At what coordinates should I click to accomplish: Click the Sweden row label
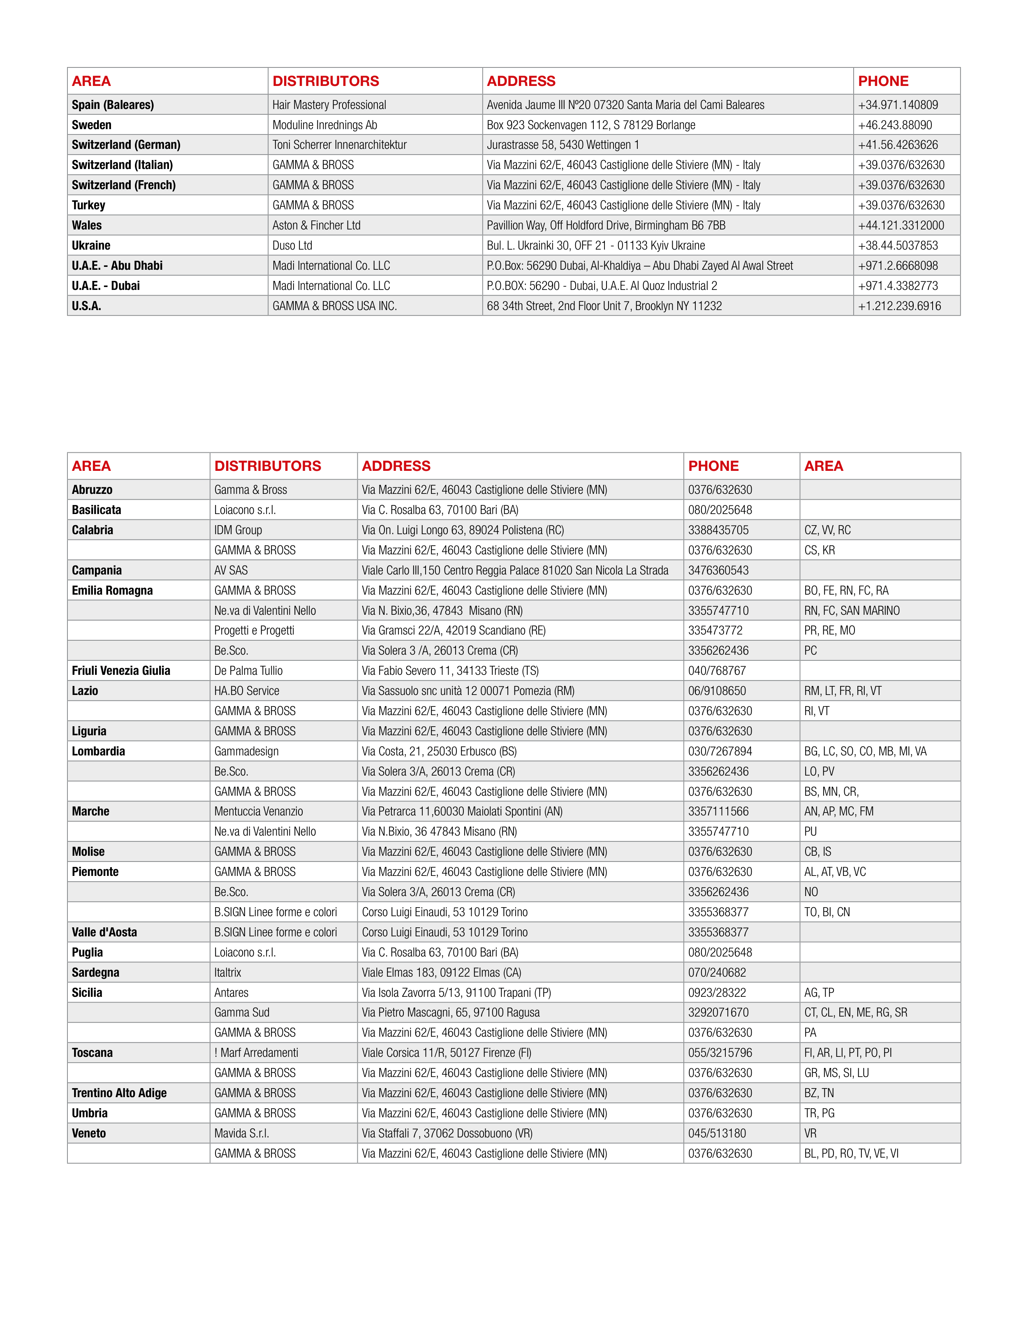(92, 125)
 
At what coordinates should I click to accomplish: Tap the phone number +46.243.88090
(895, 125)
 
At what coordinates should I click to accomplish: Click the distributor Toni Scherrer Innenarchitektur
(340, 145)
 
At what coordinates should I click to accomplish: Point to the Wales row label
(87, 225)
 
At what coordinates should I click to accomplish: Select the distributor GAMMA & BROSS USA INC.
(335, 306)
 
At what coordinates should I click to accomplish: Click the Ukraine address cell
(595, 246)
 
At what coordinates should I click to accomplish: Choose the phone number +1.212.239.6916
(900, 306)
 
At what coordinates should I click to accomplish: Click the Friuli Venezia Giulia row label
(121, 670)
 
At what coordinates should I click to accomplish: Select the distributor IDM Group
(238, 530)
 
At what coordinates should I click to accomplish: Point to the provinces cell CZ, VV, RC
(827, 530)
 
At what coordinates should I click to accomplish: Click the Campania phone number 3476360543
(718, 570)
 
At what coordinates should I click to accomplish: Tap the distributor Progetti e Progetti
(254, 630)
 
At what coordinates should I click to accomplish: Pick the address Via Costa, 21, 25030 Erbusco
(439, 751)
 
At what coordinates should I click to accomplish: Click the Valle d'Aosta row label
(104, 932)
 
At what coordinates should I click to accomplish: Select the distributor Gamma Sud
(242, 1012)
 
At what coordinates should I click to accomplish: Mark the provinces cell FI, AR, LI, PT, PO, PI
(847, 1052)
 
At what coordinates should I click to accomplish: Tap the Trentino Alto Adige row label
(119, 1093)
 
